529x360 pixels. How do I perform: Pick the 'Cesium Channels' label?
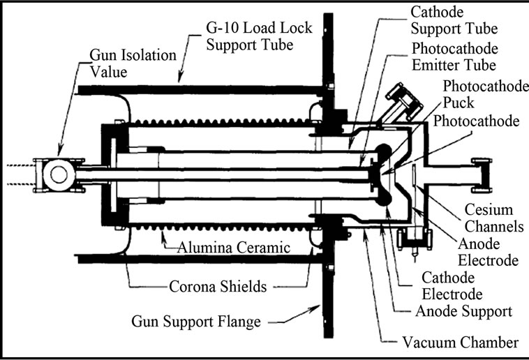click(489, 218)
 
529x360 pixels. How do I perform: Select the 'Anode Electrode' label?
click(487, 252)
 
